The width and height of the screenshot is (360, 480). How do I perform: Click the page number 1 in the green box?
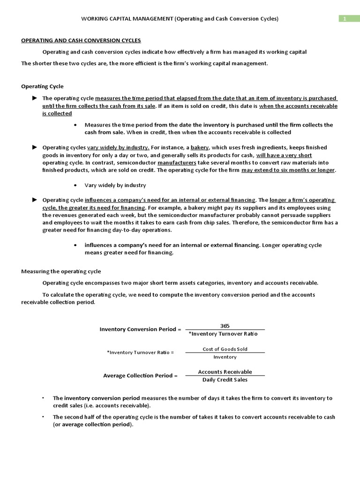point(345,19)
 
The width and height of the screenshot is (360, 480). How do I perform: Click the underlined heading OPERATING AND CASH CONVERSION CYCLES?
point(81,40)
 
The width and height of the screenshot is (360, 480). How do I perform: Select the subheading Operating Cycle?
point(42,86)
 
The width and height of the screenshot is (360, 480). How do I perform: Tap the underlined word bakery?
point(200,147)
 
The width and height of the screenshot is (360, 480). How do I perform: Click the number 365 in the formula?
point(225,326)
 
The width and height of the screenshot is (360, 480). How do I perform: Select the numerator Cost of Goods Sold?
point(225,349)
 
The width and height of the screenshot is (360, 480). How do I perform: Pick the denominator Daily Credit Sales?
point(225,380)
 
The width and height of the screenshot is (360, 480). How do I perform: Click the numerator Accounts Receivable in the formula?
point(225,372)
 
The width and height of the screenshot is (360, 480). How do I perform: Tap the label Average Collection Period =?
point(140,375)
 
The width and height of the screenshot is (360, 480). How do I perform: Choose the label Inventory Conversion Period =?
point(140,329)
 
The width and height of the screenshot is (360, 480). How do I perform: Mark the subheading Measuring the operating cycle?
point(61,271)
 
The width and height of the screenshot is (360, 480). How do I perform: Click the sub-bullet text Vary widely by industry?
point(115,185)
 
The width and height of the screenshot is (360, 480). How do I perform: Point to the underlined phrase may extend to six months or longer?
point(288,170)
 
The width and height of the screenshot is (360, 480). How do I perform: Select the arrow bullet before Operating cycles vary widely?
point(34,147)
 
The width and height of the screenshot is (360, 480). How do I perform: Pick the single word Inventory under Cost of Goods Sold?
point(225,357)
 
